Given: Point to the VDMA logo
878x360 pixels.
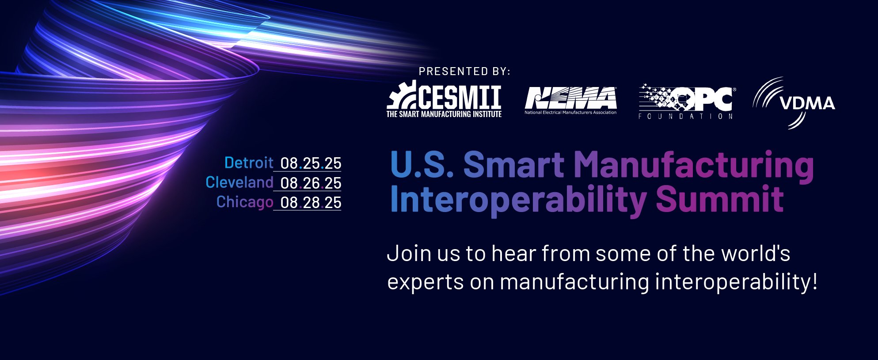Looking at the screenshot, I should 794,103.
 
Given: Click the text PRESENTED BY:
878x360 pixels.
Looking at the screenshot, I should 464,72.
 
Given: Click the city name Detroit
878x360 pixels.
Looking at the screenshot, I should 249,163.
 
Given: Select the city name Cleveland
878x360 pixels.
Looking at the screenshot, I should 239,182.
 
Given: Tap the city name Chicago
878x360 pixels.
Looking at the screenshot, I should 245,202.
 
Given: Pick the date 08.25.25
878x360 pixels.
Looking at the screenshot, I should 311,163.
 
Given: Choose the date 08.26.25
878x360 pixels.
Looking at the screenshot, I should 311,183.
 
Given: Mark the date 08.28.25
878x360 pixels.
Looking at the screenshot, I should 311,202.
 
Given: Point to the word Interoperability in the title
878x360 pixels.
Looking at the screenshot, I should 518,200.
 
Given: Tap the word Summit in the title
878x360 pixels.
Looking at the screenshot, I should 720,199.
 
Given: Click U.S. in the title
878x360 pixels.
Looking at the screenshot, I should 422,164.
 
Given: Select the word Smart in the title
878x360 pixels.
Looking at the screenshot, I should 513,164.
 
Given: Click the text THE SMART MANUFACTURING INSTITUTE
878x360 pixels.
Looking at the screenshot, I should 444,114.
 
